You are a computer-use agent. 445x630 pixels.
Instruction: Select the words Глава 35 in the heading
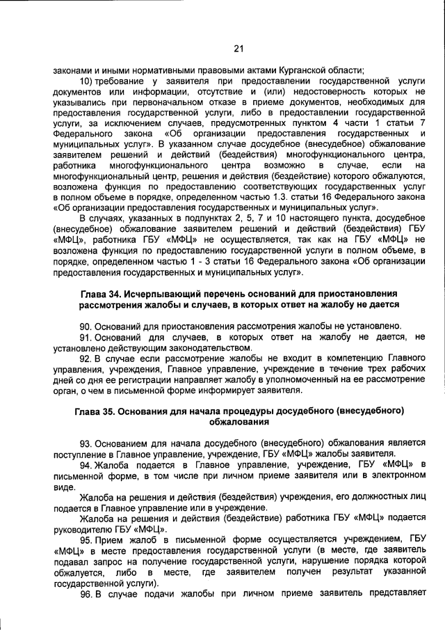[97, 411]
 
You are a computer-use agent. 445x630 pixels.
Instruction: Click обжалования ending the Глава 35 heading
[237, 422]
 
